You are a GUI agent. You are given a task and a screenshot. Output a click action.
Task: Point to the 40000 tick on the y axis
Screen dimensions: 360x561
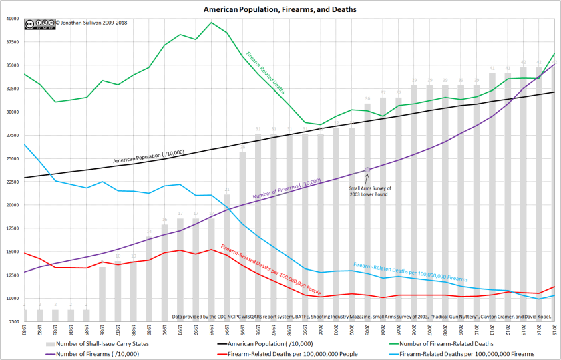click(13, 18)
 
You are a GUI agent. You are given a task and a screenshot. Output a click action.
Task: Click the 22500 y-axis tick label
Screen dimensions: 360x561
click(13, 182)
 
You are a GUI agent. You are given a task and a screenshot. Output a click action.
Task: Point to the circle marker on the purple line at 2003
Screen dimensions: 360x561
click(367, 170)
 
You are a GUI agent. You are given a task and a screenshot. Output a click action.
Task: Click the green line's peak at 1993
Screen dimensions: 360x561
click(211, 23)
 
